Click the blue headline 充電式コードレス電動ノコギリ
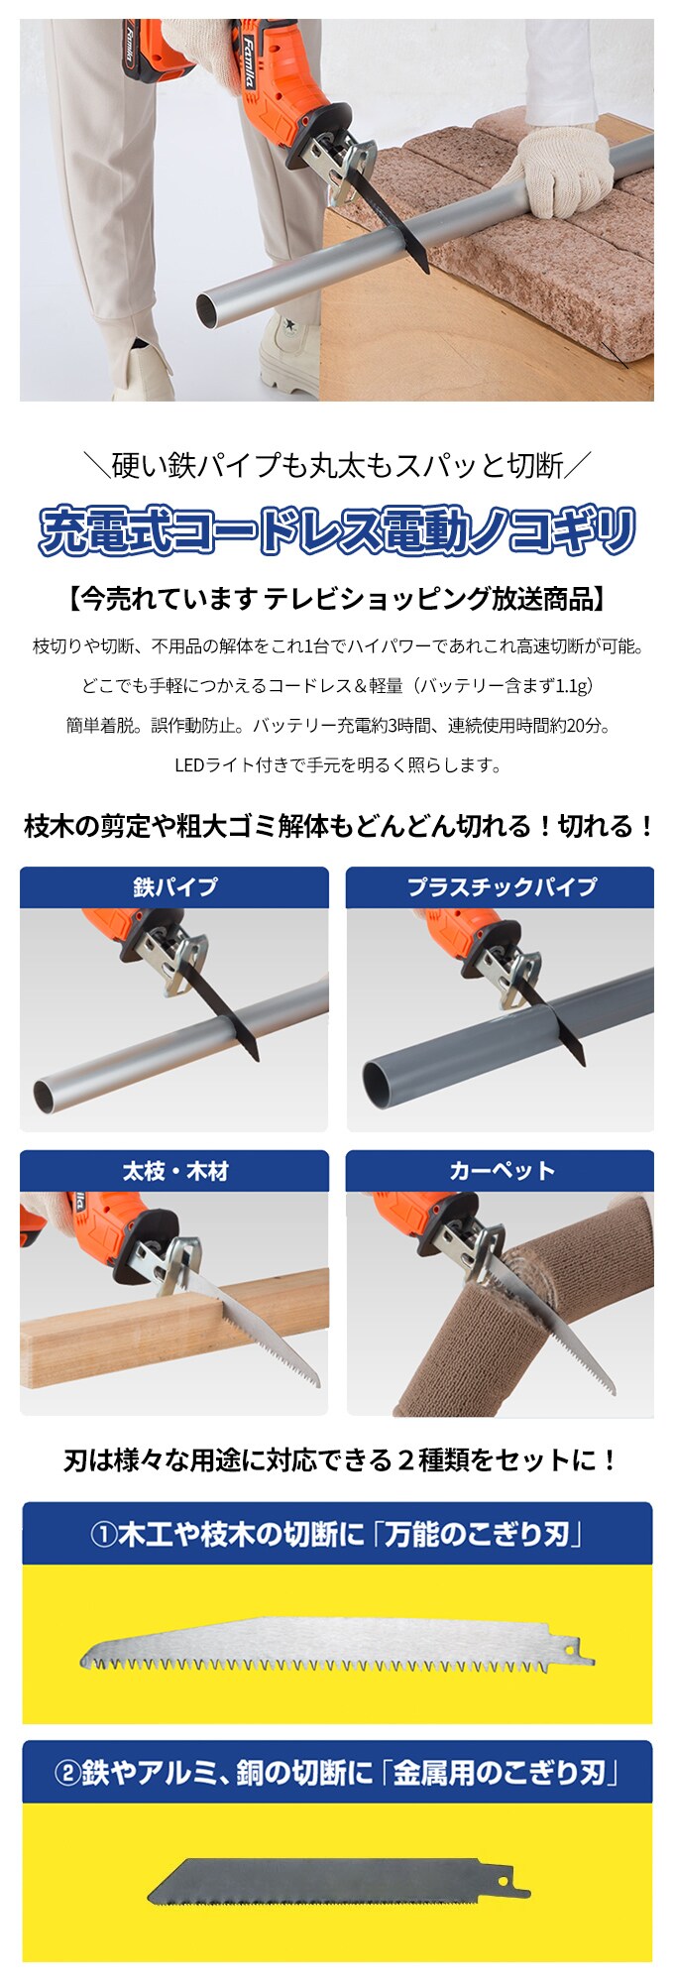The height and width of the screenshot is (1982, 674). click(337, 530)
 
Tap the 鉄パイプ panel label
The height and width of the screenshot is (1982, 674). click(174, 886)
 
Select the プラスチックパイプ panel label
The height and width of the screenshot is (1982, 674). click(501, 886)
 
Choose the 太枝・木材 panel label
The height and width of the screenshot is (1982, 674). click(174, 1171)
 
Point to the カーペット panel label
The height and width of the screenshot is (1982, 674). click(501, 1171)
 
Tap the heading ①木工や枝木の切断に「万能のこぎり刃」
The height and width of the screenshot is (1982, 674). click(337, 1535)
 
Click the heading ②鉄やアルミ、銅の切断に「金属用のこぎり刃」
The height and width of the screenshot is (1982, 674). click(337, 1772)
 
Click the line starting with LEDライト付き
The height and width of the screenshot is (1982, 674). click(337, 764)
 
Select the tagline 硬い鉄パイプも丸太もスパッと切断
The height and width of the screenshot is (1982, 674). click(337, 464)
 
